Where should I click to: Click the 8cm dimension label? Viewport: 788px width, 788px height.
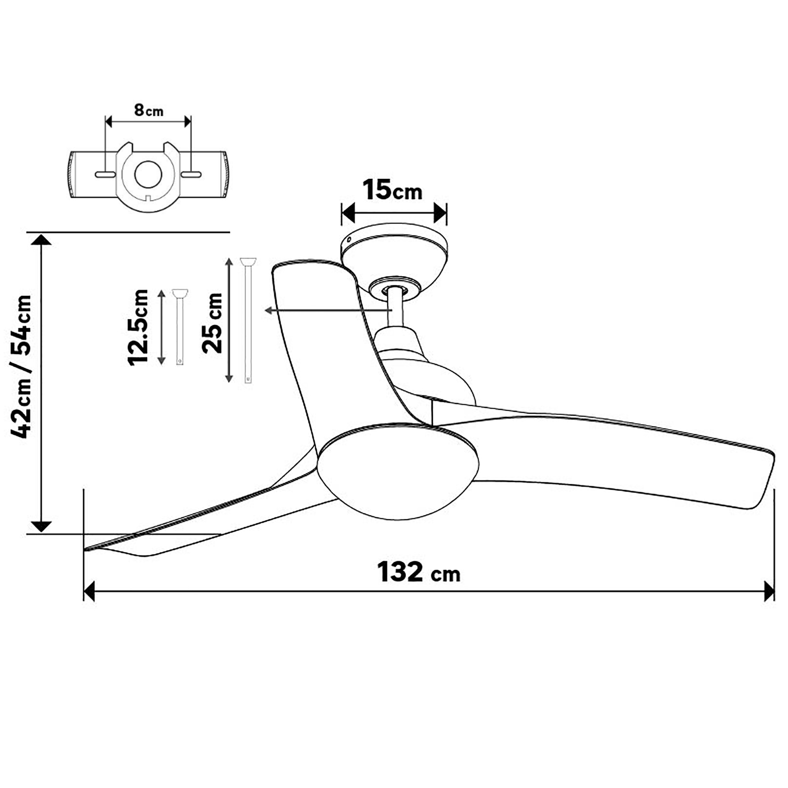tap(149, 110)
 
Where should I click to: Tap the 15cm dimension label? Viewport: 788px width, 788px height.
tap(392, 190)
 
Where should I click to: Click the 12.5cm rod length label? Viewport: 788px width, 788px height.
tap(138, 327)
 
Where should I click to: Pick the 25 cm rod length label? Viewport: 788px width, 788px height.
tap(212, 323)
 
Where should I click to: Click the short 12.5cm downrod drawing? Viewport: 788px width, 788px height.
tap(179, 326)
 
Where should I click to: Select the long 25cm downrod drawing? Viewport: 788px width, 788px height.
tap(248, 321)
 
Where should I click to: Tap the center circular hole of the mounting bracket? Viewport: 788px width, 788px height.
tap(148, 174)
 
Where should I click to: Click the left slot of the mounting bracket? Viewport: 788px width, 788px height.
tap(106, 175)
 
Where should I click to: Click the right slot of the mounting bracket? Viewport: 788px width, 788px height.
tap(191, 175)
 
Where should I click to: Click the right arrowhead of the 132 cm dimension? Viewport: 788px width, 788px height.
tap(768, 591)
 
